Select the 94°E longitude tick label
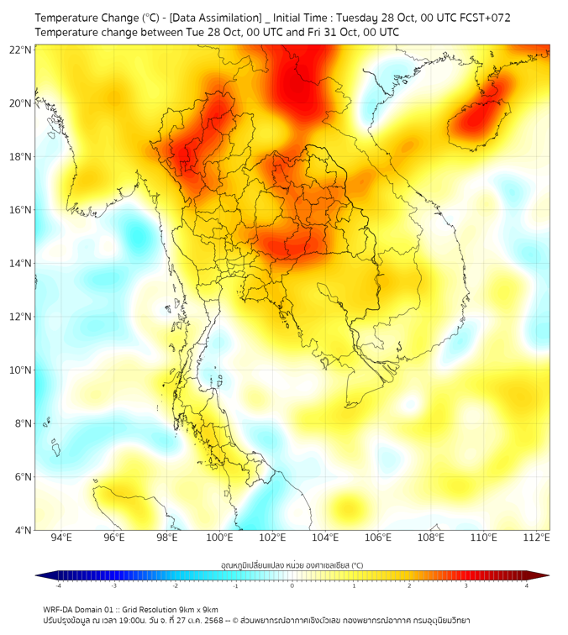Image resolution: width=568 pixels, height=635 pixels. [x=61, y=538]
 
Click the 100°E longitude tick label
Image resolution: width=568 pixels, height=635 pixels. [x=220, y=538]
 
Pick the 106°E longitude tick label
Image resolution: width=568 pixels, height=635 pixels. [x=378, y=538]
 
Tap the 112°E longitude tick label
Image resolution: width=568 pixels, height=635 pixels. [x=536, y=538]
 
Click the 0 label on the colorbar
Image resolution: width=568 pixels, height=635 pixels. [x=292, y=585]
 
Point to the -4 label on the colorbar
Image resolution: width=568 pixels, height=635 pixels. [x=57, y=585]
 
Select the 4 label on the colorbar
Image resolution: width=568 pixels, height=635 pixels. [x=527, y=585]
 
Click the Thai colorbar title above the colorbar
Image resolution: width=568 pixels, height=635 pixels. [x=292, y=565]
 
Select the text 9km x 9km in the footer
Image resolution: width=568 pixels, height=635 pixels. [x=195, y=610]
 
